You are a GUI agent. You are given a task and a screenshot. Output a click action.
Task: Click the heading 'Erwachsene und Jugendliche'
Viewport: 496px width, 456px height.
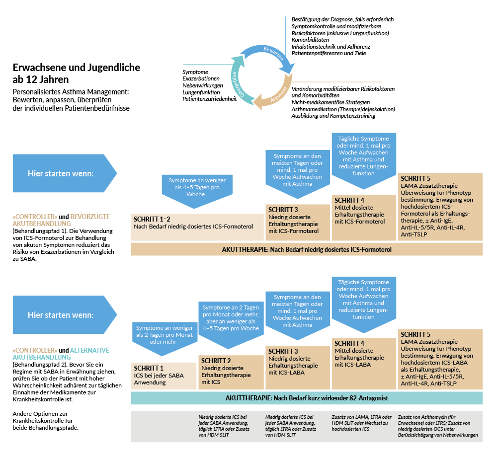(76, 68)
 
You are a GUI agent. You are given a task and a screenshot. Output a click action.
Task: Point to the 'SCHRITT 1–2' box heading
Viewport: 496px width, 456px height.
(152, 219)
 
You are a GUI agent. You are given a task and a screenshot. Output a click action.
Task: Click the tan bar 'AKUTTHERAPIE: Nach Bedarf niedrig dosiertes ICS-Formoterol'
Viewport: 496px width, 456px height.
(307, 249)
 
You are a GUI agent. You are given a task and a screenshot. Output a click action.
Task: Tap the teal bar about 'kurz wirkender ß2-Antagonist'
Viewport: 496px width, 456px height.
(307, 398)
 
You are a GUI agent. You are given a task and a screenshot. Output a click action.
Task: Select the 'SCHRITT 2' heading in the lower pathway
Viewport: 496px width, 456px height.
(216, 361)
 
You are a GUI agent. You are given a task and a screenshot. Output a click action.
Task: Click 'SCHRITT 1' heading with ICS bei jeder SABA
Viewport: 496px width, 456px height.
(149, 368)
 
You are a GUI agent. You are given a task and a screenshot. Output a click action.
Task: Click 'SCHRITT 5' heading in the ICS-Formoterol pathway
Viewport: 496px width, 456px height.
(415, 178)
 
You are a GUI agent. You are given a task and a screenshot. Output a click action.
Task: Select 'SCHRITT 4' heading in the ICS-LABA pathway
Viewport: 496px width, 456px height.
(349, 343)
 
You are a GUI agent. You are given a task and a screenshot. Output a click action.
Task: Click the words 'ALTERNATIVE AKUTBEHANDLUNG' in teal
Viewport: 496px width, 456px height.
(61, 354)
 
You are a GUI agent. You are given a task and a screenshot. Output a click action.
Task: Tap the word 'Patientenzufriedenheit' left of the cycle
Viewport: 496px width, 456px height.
(209, 99)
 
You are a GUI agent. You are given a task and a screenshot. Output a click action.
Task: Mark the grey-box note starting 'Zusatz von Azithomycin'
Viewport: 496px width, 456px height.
(438, 426)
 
